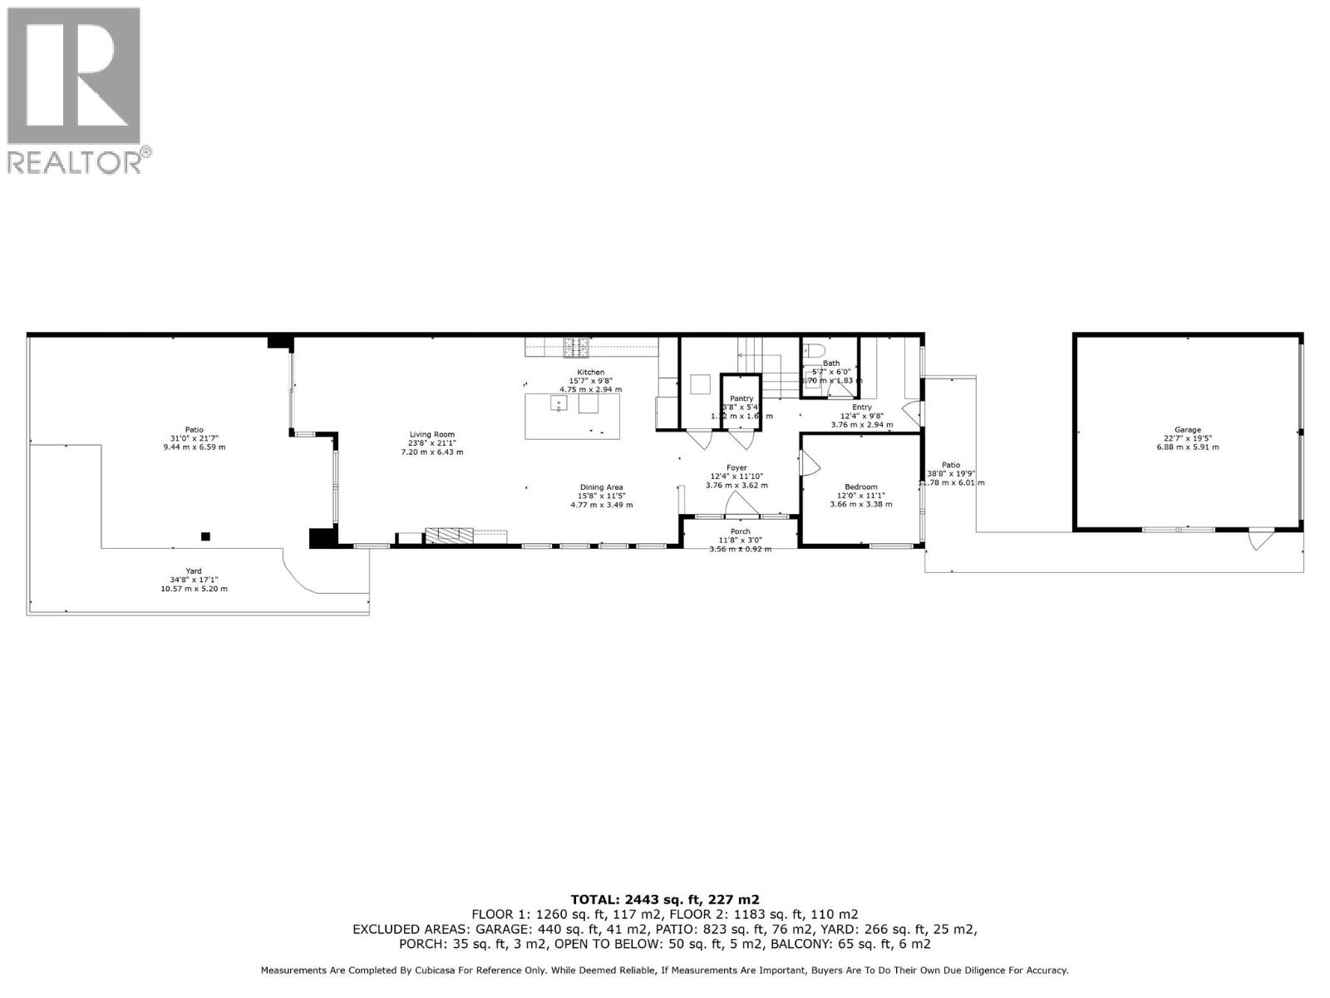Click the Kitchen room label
tap(590, 372)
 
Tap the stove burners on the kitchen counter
tap(576, 346)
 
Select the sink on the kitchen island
tap(559, 404)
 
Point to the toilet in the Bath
tap(812, 350)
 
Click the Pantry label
tap(741, 398)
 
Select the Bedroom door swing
tap(807, 463)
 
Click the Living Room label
tap(431, 434)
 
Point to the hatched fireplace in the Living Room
tap(449, 535)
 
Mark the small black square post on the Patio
tap(205, 536)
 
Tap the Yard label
tap(194, 571)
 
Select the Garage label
tap(1187, 430)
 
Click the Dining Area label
tap(601, 487)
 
